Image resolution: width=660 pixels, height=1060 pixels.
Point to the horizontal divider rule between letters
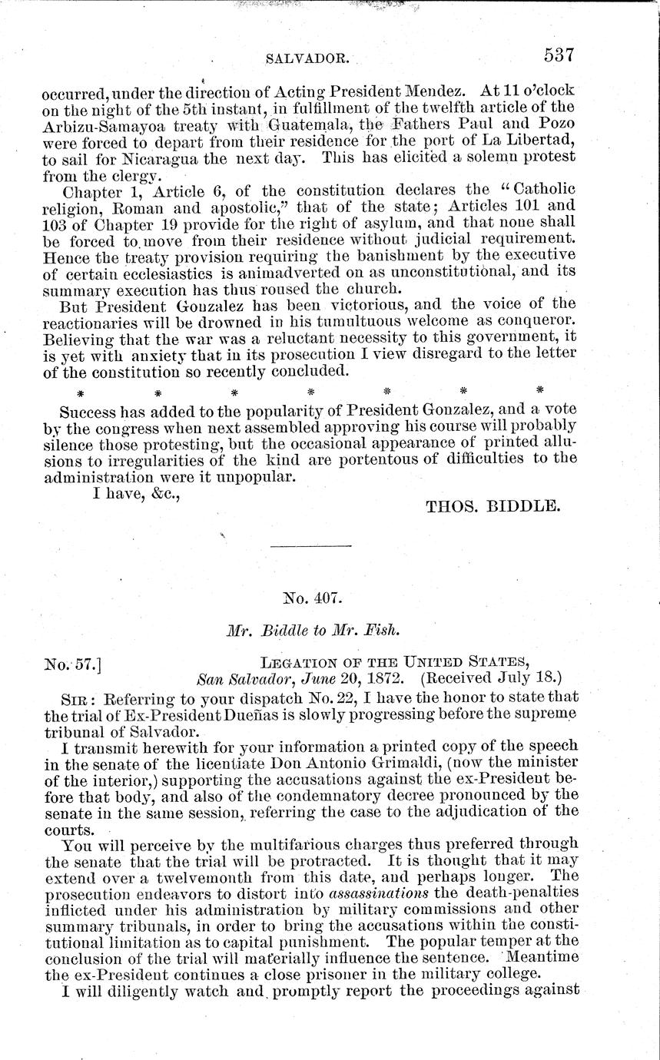click(x=311, y=545)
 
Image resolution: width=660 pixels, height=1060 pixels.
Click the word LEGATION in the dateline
click(x=297, y=662)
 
